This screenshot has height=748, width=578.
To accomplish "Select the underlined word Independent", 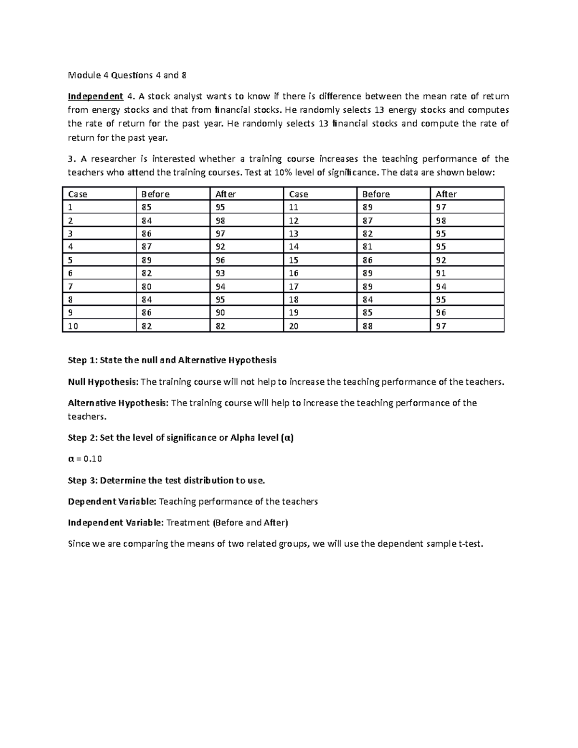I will click(95, 96).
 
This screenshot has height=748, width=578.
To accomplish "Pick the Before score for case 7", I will click(146, 287).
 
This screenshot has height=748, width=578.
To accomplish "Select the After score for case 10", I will click(220, 326).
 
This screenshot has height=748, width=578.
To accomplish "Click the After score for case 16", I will click(441, 273).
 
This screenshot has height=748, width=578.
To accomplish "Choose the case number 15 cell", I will click(293, 260).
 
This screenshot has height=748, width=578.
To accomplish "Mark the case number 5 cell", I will click(71, 260).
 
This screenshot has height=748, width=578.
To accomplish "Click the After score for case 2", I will click(220, 221).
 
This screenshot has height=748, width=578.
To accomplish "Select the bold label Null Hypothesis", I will click(103, 382).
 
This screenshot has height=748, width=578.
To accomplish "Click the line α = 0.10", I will click(85, 459).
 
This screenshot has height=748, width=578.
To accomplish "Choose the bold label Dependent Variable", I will click(111, 502).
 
